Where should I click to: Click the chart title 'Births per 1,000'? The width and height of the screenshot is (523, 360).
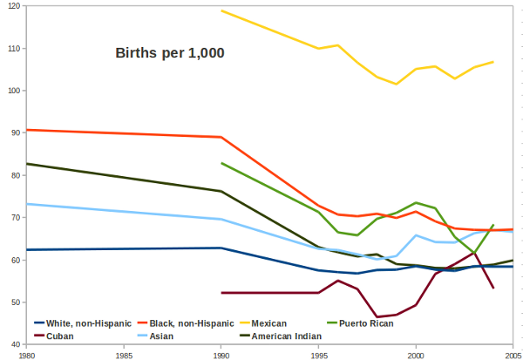170,53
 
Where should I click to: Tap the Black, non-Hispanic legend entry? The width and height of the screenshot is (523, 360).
186,323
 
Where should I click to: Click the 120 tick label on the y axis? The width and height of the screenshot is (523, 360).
11,6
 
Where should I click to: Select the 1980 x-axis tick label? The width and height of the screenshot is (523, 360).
27,354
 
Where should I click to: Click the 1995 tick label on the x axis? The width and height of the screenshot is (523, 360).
319,354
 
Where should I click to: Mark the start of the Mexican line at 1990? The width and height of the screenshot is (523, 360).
221,10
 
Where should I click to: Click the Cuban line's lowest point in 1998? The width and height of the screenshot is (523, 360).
377,316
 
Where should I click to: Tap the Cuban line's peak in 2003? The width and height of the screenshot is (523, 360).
474,253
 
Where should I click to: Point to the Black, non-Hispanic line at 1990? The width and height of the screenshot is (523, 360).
221,137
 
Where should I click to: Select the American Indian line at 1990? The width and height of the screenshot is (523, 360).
221,191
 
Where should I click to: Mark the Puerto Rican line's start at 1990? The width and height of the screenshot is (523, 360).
221,163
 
